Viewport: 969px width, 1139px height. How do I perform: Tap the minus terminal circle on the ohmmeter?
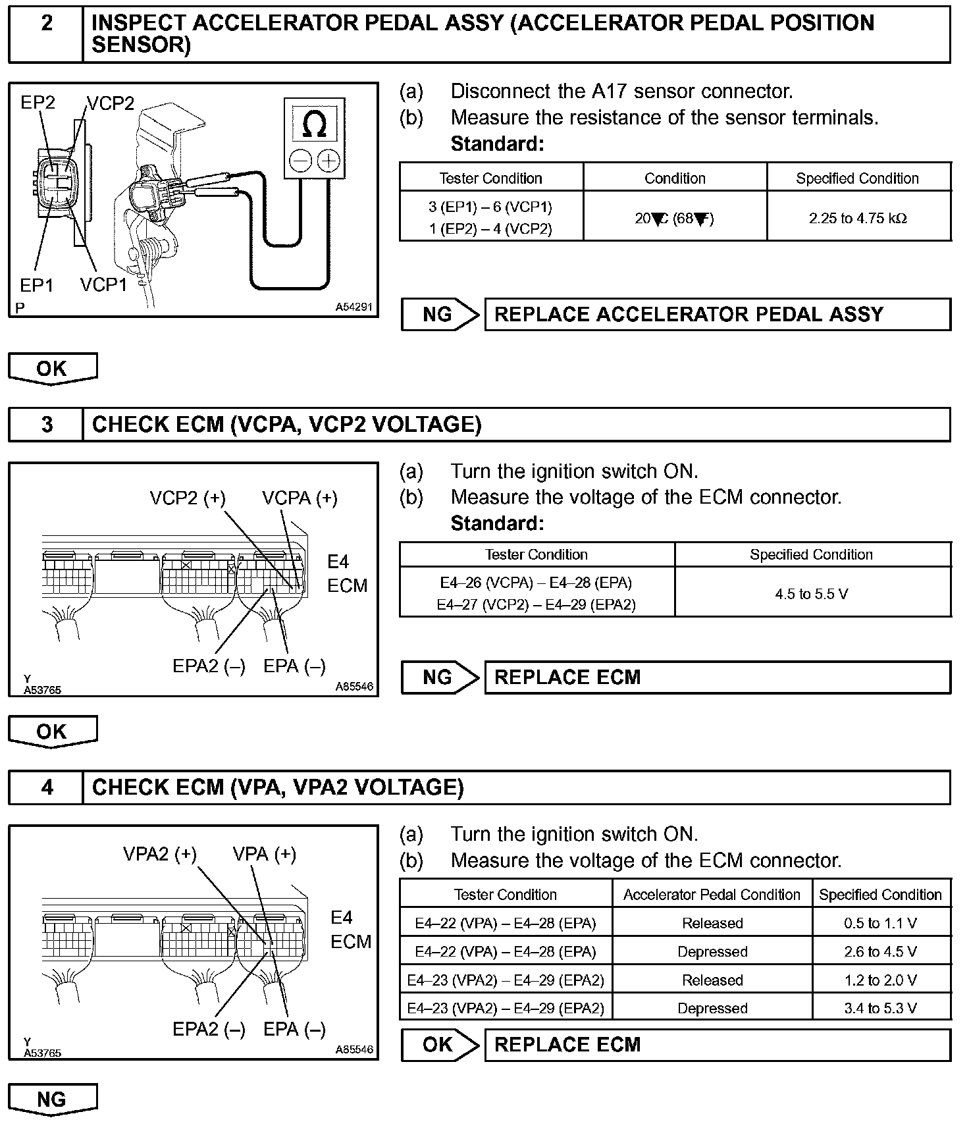pos(301,161)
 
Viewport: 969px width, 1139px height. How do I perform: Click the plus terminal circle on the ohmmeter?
pos(328,161)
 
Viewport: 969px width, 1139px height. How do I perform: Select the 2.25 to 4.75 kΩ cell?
pos(858,218)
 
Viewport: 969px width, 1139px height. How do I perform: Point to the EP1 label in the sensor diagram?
pos(37,285)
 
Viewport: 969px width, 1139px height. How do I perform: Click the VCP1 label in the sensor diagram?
pos(103,284)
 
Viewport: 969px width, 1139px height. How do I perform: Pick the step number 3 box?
pos(47,425)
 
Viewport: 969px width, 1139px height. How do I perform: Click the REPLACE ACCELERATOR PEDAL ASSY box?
pos(718,315)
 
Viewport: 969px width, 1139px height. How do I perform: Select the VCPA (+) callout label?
pos(300,498)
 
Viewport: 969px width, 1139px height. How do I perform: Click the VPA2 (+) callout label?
pos(160,854)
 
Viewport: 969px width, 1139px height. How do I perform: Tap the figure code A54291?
pos(354,307)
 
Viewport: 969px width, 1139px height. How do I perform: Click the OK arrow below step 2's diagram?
pos(52,369)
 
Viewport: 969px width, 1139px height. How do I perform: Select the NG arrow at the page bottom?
pos(52,1099)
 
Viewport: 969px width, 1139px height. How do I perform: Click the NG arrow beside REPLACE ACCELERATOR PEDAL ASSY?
pos(439,315)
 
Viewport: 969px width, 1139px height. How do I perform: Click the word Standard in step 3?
pos(497,523)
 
